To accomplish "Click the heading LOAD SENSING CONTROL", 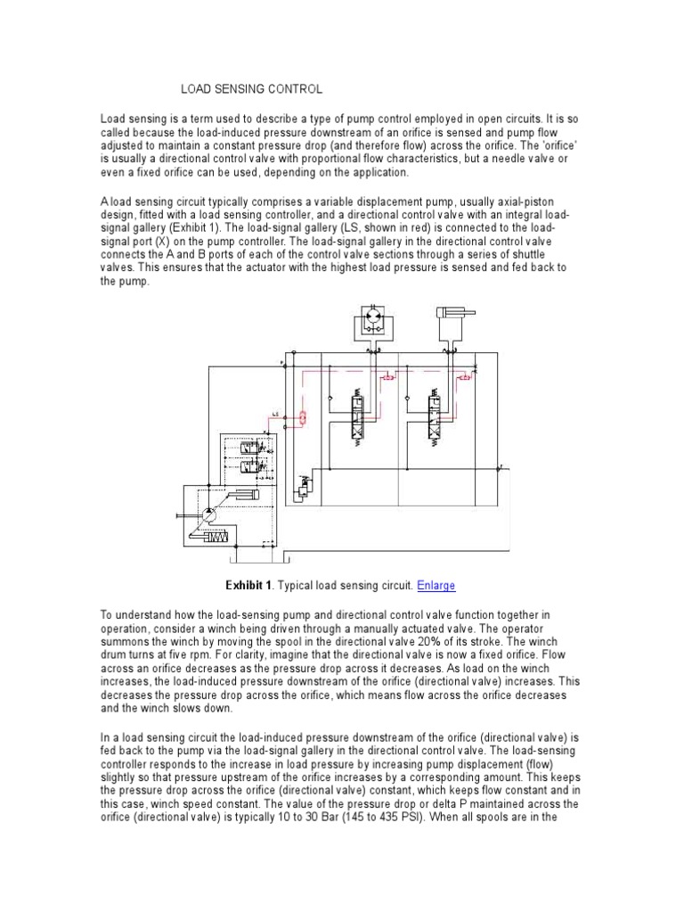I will tap(252, 89).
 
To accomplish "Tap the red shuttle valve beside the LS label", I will tap(303, 416).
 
